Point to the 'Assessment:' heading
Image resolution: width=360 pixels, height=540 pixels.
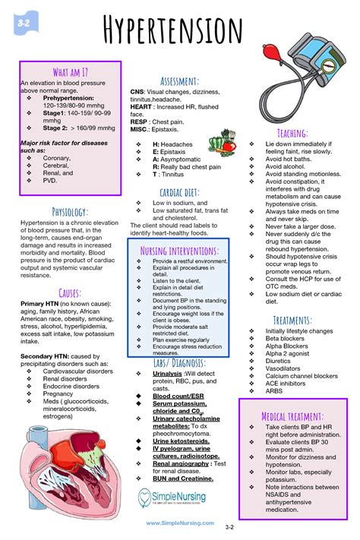(x=179, y=81)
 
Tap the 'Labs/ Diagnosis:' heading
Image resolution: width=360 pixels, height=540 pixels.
(x=179, y=363)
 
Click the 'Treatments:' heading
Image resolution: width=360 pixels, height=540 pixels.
(x=292, y=320)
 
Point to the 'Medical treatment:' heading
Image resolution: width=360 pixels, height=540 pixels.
(x=292, y=416)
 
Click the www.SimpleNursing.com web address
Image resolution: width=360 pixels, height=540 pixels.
(x=179, y=523)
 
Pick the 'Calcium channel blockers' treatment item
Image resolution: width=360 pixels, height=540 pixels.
(x=302, y=376)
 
